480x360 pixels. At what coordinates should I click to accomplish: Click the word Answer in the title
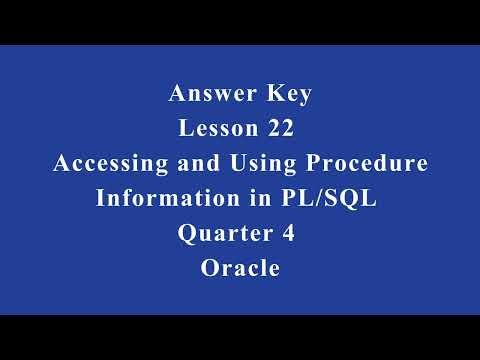coord(208,96)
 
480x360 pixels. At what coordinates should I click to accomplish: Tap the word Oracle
coord(240,268)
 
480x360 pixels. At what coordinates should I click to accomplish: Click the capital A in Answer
coord(177,96)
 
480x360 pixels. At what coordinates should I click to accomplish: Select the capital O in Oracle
coord(209,268)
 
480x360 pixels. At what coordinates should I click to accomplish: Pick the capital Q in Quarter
coord(186,234)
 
